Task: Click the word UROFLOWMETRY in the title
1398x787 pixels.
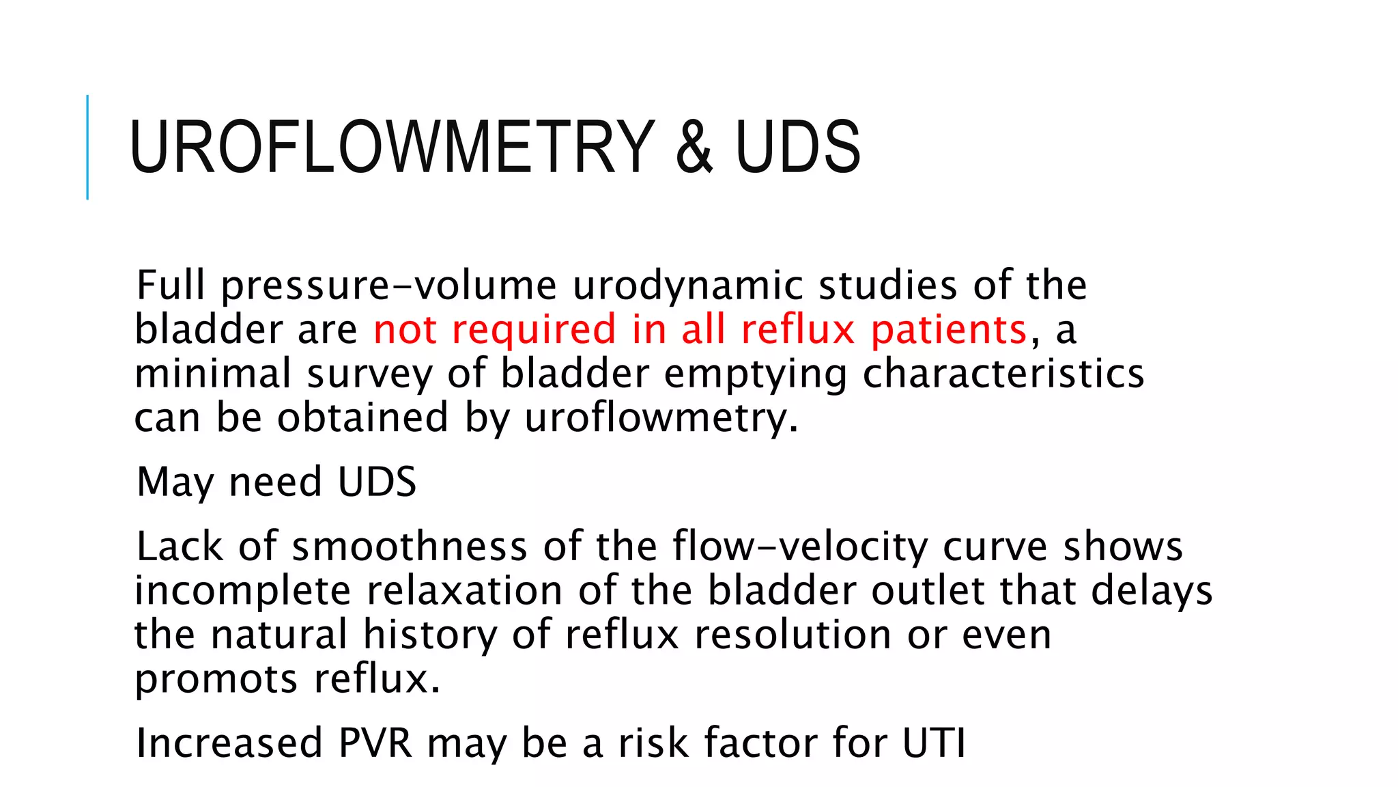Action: pos(392,147)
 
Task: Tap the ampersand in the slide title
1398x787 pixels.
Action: pos(694,147)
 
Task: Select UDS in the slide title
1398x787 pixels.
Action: pos(797,147)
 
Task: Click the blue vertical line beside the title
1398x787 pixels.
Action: pos(87,147)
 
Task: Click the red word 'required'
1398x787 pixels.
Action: pos(534,330)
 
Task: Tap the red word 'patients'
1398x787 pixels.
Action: pos(949,330)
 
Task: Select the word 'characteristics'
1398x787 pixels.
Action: pos(1003,374)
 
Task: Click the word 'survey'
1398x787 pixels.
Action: pos(369,374)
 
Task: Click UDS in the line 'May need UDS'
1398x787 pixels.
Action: pos(377,482)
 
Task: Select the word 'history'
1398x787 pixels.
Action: pos(429,635)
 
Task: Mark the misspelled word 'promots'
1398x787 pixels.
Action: pos(216,680)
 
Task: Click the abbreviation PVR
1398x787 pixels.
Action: pos(375,743)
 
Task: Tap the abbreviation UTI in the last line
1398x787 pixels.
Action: pos(933,743)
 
